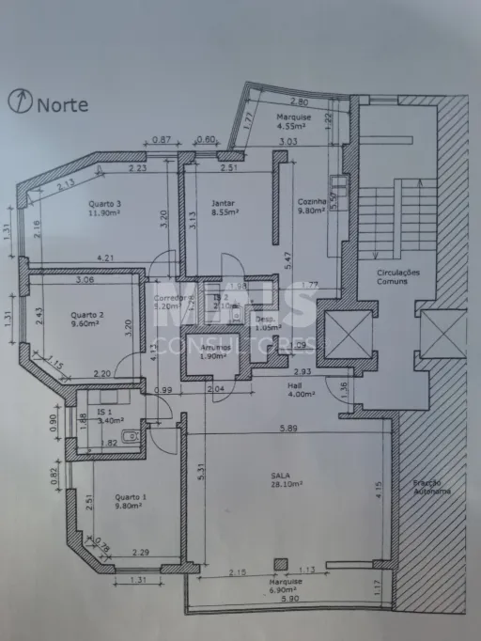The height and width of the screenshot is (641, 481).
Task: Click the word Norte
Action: pyautogui.click(x=63, y=104)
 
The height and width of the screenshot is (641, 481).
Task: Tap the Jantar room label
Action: pyautogui.click(x=224, y=203)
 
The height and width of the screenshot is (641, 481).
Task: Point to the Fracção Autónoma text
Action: pyautogui.click(x=431, y=487)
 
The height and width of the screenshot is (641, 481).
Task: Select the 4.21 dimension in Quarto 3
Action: pyautogui.click(x=105, y=258)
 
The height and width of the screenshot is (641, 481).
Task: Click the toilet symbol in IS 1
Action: pyautogui.click(x=132, y=436)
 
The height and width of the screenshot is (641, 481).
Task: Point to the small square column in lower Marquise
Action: pyautogui.click(x=280, y=564)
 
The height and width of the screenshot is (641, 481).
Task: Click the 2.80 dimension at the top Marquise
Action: pyautogui.click(x=300, y=102)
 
